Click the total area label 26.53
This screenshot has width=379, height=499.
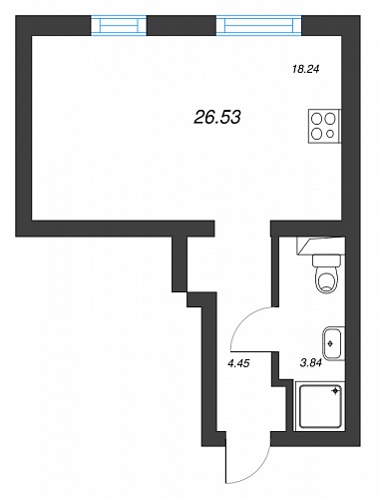click(x=216, y=117)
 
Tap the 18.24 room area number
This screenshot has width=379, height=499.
click(x=305, y=69)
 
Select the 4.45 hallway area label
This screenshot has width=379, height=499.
click(x=238, y=363)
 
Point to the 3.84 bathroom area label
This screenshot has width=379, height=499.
click(x=311, y=363)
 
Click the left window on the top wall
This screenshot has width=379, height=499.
click(x=119, y=25)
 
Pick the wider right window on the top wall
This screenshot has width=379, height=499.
click(x=259, y=25)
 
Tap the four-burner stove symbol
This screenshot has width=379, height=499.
click(x=324, y=127)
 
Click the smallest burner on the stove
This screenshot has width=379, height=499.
click(x=330, y=134)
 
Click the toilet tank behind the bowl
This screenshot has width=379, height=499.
click(x=327, y=260)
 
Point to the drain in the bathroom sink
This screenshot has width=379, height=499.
click(x=330, y=343)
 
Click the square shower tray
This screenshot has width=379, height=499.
click(x=320, y=406)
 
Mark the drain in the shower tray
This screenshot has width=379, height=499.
click(x=336, y=390)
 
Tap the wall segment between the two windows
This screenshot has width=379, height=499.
click(x=182, y=25)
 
